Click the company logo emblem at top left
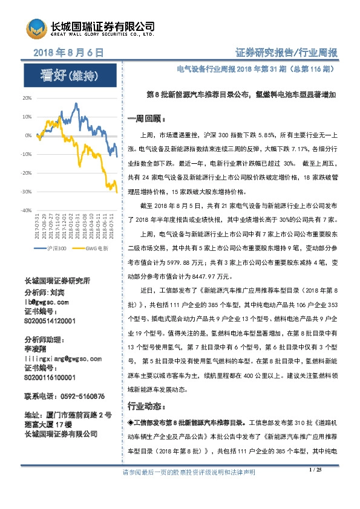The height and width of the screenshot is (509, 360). tap(35, 28)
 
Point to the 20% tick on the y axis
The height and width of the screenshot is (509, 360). tap(27, 97)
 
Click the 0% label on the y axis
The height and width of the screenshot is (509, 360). tap(28, 135)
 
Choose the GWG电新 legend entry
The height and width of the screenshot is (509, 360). tap(95, 248)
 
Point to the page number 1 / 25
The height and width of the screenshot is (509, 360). tap(315, 487)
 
